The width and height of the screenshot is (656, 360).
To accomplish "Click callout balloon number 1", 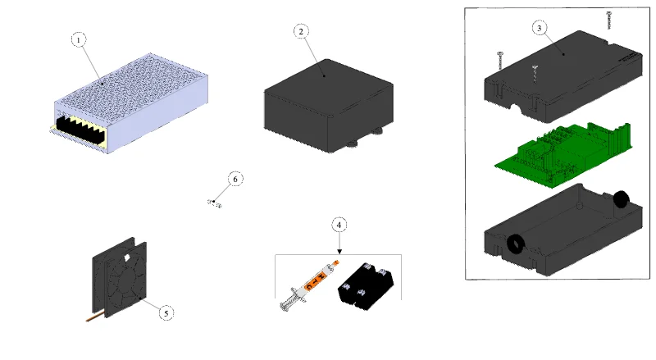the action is [x=78, y=39].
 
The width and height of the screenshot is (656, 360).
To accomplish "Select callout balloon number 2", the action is [x=301, y=31].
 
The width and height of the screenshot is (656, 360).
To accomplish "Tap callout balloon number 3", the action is [x=540, y=28].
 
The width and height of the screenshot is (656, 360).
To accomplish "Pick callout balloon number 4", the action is [x=339, y=226].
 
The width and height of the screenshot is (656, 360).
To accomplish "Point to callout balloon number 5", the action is [x=166, y=313].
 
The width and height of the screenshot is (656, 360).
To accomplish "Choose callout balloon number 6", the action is [x=235, y=179].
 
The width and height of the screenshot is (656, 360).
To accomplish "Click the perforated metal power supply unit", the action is [x=129, y=103].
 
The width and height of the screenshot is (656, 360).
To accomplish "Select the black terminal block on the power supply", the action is [x=80, y=129].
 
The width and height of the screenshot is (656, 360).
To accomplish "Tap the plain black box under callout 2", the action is [x=329, y=106].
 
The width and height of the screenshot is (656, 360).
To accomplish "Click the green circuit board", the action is [x=563, y=156].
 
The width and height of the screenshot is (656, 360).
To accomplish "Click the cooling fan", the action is [x=120, y=278].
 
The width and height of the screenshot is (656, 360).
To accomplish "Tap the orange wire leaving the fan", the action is [x=94, y=318].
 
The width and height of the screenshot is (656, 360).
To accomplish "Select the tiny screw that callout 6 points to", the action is [x=214, y=204].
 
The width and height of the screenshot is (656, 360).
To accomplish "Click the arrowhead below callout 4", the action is [x=339, y=251].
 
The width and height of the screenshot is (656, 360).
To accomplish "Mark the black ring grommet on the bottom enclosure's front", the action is [x=516, y=244].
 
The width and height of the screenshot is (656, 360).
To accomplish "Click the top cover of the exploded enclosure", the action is [x=563, y=76].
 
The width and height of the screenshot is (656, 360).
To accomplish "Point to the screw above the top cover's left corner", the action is [x=500, y=61].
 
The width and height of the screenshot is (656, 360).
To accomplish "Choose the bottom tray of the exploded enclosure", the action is [x=563, y=230].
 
